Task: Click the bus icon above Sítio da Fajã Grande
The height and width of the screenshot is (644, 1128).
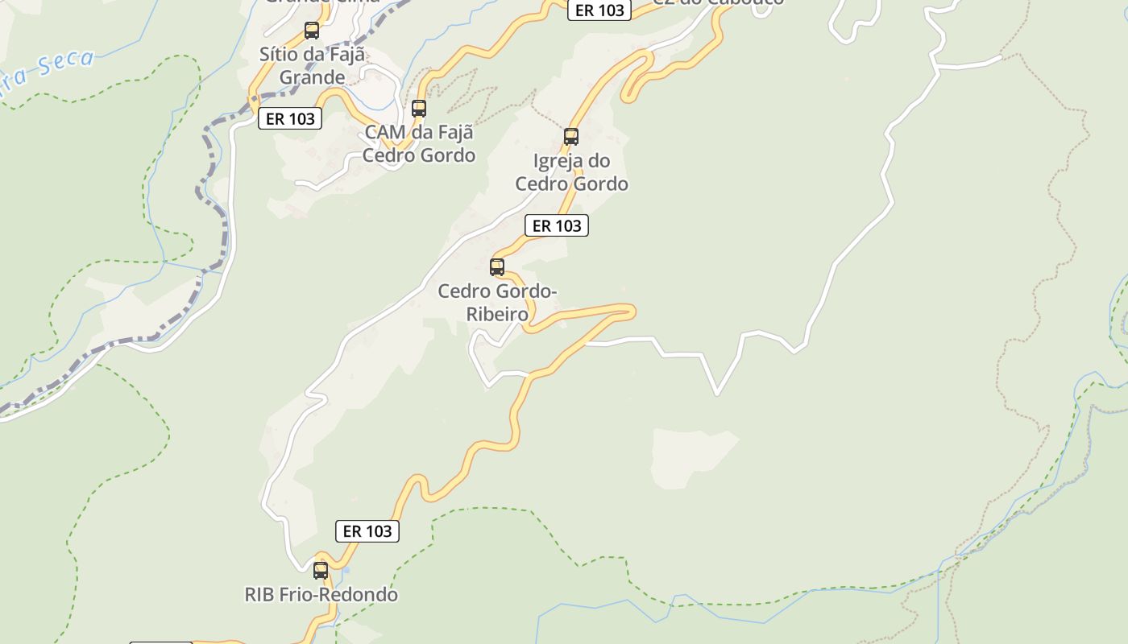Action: [312, 31]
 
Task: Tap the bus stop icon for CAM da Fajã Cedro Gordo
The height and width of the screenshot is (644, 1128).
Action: [419, 108]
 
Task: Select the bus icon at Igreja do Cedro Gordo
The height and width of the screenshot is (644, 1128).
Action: [571, 136]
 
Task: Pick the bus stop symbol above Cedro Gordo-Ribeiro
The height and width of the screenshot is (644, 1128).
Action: [497, 266]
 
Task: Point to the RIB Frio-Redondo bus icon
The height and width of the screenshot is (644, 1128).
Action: [321, 570]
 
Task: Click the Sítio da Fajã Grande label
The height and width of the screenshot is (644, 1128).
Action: [312, 66]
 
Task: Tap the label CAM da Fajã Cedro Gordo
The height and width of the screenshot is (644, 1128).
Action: [419, 143]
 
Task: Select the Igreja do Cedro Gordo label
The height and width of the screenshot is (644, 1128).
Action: [571, 172]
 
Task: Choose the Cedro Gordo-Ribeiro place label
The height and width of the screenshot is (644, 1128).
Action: [497, 302]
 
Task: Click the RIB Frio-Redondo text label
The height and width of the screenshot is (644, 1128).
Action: [321, 595]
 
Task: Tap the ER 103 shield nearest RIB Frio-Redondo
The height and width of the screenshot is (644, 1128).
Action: [367, 531]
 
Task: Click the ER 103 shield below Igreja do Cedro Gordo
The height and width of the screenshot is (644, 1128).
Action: [557, 226]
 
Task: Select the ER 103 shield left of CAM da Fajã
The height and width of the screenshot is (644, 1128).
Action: [290, 119]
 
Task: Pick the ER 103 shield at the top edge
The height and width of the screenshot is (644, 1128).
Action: [599, 10]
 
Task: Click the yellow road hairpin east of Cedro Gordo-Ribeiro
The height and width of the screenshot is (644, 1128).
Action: [628, 311]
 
